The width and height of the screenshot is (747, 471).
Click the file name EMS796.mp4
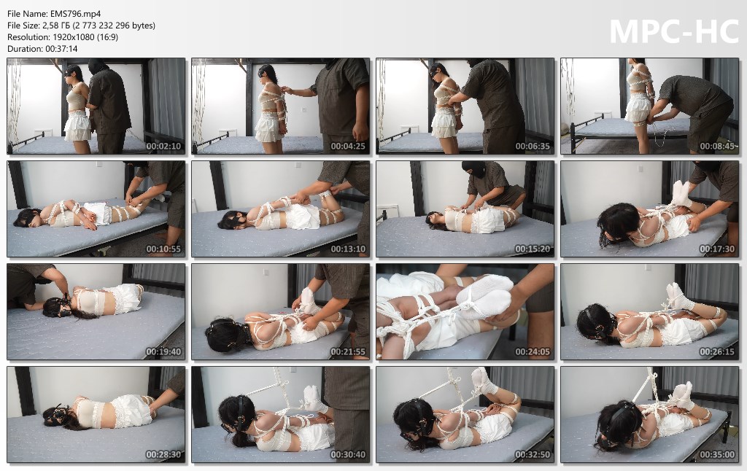coord(75,14)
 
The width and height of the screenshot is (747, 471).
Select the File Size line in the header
coord(82,26)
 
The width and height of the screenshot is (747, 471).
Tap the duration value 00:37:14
coord(61,49)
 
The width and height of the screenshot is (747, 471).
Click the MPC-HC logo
coord(674,32)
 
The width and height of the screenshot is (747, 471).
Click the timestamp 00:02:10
coord(163,147)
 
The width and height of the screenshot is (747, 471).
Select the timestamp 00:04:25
coord(348,147)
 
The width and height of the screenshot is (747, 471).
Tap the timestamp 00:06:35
coord(533,147)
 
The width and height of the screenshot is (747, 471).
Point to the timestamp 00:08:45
coord(717,147)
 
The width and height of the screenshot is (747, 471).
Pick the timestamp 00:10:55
coord(163,249)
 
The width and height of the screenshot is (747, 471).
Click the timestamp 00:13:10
coord(348,249)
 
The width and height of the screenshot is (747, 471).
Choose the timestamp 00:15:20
coord(533,249)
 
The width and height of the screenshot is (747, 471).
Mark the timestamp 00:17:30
coord(717,249)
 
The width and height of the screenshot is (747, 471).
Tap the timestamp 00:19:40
coord(163,352)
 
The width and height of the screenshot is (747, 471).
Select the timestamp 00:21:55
coord(348,352)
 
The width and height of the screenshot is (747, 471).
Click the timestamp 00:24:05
coord(533,352)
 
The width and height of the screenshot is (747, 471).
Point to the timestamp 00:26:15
coord(717,352)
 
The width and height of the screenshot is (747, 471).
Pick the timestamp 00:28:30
coord(163,455)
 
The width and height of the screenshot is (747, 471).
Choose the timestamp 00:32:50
coord(533,455)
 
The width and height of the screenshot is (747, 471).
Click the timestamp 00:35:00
coord(717,455)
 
